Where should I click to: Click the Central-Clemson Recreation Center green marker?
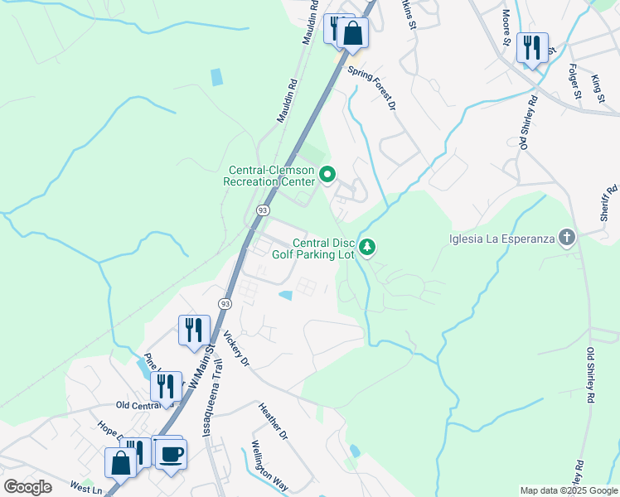(327, 175)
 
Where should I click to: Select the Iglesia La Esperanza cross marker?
(567, 239)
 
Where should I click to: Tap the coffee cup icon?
(172, 454)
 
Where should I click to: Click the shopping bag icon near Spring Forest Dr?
(352, 34)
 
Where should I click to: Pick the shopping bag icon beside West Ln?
(120, 462)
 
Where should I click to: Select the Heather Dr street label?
(273, 421)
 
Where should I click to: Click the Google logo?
(27, 486)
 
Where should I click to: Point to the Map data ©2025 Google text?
(569, 490)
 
